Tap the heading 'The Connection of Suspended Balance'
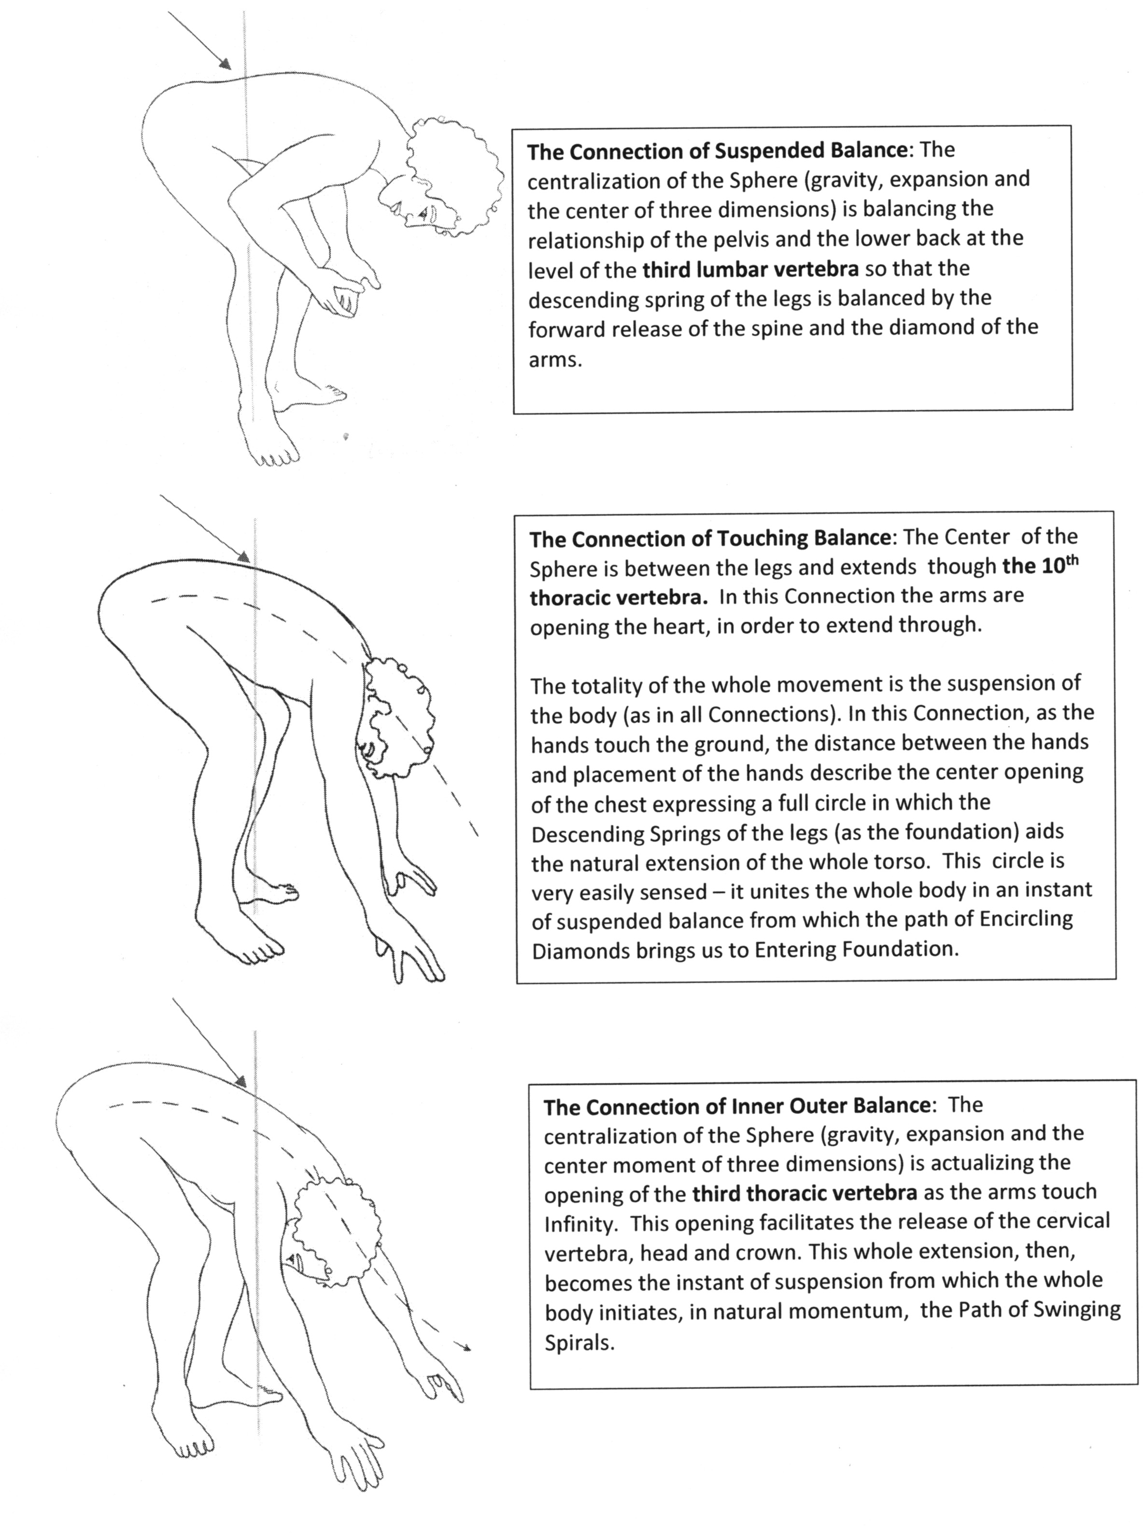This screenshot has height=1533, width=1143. point(717,151)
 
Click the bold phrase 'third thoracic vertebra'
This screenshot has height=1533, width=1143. point(804,1193)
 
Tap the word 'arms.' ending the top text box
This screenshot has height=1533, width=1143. point(555,359)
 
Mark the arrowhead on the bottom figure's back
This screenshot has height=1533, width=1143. point(240,1081)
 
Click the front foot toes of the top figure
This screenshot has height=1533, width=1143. point(277,457)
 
